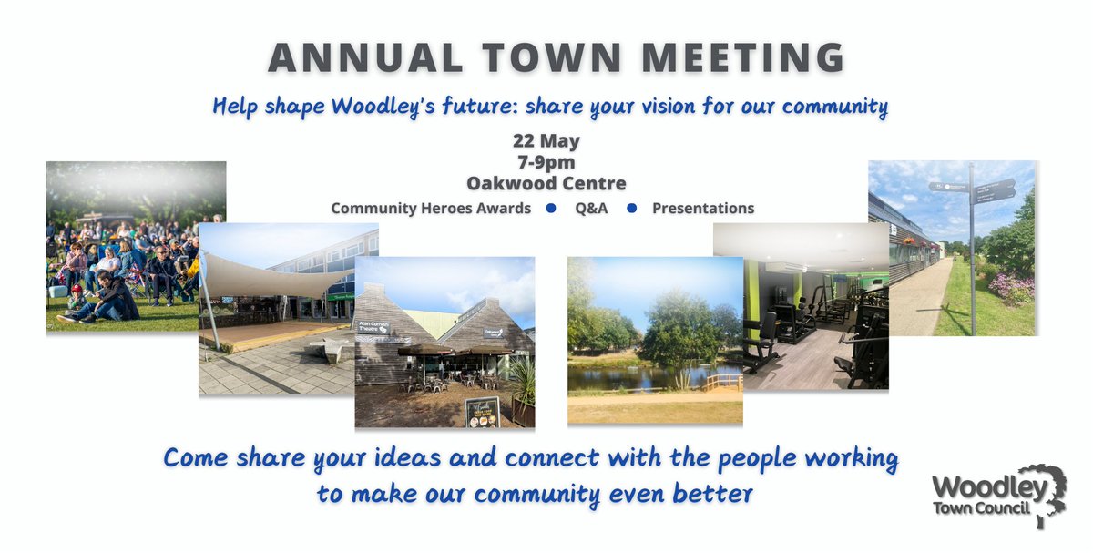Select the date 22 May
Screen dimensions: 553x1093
[546, 142]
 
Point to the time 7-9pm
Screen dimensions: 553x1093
[546, 162]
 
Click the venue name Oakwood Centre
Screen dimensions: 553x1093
[546, 183]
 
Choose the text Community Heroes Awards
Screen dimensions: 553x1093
[431, 208]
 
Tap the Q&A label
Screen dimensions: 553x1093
[592, 208]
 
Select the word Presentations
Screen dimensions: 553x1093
[703, 208]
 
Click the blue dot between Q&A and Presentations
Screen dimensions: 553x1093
[632, 208]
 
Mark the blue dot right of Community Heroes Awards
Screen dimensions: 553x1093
[550, 208]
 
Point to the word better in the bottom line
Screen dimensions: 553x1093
[723, 495]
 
